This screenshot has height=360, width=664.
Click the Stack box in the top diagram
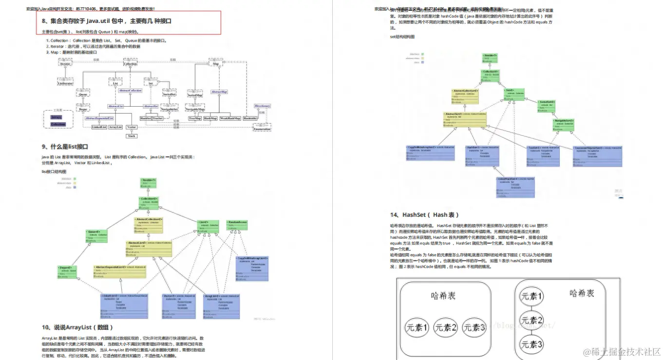[132, 136]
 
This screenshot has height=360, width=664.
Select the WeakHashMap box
[230, 118]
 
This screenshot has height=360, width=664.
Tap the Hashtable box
[250, 118]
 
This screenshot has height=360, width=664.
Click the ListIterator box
[65, 82]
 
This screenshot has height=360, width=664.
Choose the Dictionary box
[263, 106]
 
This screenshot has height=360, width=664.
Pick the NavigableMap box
[195, 110]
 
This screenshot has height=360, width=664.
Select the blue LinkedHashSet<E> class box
[514, 187]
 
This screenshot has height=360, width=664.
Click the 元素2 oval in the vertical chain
[532, 320]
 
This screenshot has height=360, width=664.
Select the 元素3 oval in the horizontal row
[474, 328]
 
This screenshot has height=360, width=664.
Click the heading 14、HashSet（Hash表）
[424, 215]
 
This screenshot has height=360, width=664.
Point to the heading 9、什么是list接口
[65, 147]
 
